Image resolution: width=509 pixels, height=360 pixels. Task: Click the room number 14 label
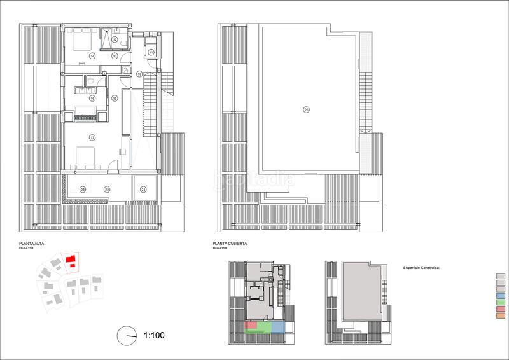(92, 56)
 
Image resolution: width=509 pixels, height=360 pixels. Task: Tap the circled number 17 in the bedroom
(92, 137)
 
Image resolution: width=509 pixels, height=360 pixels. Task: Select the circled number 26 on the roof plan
(306, 110)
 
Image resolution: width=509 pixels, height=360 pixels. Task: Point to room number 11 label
(151, 52)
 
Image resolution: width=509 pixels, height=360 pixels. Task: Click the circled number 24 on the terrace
(143, 189)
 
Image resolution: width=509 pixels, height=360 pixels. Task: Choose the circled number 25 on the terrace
(83, 189)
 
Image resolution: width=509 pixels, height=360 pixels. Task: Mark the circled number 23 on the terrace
(107, 189)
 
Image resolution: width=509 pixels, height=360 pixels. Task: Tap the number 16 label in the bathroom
(92, 99)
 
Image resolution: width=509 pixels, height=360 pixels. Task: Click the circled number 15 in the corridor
(115, 99)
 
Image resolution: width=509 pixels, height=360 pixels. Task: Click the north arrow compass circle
(127, 335)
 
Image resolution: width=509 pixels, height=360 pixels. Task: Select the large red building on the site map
(72, 260)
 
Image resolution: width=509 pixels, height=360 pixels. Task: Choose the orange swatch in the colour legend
(501, 315)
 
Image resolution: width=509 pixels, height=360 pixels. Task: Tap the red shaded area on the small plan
(251, 326)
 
